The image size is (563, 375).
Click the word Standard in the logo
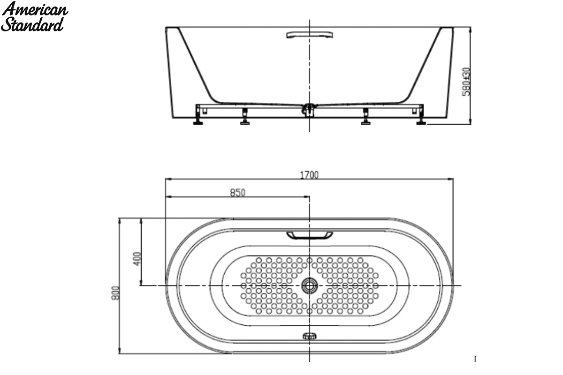coord(32,25)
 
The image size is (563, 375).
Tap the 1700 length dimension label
coord(309,175)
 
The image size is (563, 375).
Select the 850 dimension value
coord(237,193)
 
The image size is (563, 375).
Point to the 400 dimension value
coord(137,259)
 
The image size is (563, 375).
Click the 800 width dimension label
coord(115,293)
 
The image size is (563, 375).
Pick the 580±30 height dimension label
coord(466,82)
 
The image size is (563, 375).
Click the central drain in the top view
coord(309,285)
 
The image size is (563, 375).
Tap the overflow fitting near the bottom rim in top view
coord(309,336)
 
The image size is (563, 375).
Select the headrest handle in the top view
coord(310,236)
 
